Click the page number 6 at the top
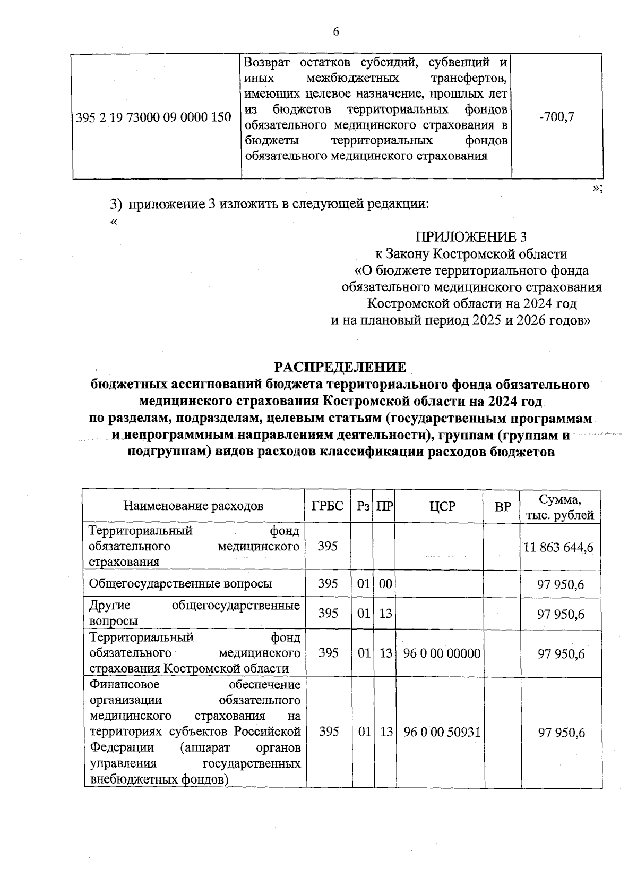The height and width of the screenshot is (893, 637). coord(335,32)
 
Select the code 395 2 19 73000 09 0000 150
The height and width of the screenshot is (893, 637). coord(154,117)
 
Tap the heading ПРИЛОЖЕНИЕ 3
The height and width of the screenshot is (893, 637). coord(471,237)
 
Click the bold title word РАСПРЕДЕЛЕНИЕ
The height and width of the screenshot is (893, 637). coord(340,367)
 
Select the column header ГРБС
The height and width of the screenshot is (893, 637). coord(328,506)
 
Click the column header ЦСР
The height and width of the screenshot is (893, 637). coord(442,506)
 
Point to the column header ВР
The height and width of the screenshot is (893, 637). coord(502,506)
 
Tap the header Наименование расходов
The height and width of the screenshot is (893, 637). coord(193,506)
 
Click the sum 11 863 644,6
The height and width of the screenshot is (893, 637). coord(558,547)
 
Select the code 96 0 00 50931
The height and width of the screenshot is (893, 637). coord(442,732)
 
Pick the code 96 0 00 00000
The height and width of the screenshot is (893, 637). coord(442,653)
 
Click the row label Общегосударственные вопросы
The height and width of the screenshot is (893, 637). coord(180,584)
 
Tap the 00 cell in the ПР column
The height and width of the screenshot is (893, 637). coord(385,584)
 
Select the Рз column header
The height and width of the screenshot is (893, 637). coord(363,506)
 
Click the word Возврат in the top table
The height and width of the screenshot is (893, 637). coord(266,63)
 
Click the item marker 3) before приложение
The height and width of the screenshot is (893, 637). coord(116,204)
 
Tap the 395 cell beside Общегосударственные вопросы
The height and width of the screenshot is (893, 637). coord(328,584)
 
